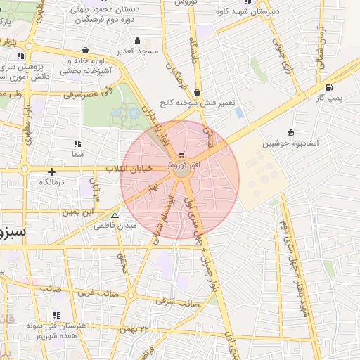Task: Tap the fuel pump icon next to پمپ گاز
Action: [x=330, y=88]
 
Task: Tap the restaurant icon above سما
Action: [x=77, y=143]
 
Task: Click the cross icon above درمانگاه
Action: [x=51, y=172]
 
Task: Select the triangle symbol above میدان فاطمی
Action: [x=115, y=216]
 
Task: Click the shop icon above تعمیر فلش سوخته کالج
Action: [x=196, y=92]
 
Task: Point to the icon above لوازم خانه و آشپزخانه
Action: [x=85, y=51]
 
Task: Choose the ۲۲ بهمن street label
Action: [x=135, y=329]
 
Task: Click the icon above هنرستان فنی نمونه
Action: [x=56, y=315]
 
